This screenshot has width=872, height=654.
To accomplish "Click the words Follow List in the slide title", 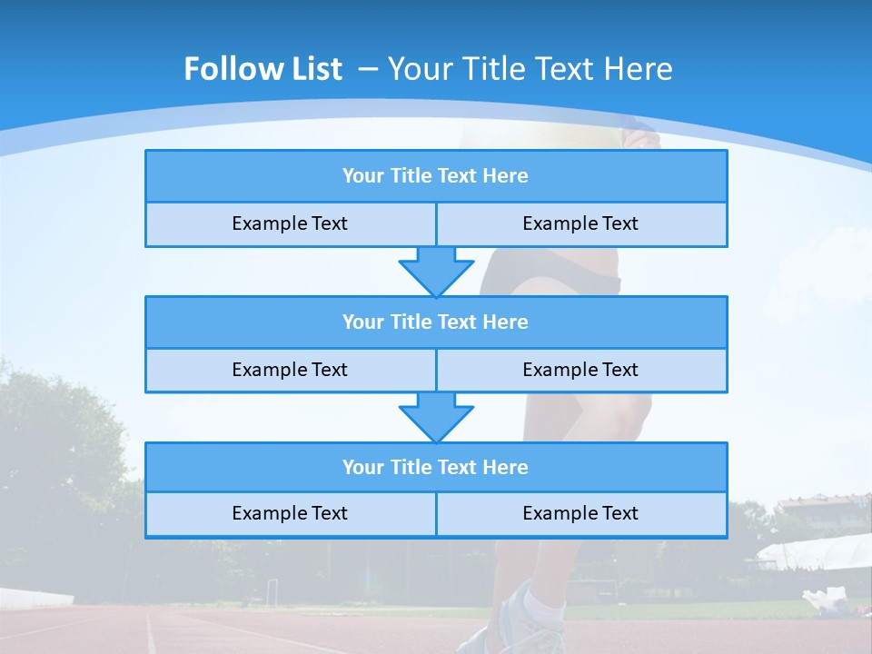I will coord(263,69).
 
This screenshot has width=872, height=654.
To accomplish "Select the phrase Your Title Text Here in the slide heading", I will coord(530,69).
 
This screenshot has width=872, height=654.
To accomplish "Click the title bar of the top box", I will coord(435,176).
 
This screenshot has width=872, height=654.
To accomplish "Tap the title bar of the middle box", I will coord(435,322).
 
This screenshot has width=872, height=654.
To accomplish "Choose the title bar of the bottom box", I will coord(435,467).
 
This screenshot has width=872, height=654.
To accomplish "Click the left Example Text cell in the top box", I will coord(290,223).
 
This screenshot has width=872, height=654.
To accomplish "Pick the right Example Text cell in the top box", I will coord(580,223).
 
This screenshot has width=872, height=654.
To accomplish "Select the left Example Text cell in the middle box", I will coord(290,370).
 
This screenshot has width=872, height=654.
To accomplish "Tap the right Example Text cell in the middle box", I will coord(580,370).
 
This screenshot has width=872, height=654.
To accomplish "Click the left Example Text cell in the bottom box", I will coord(290,513).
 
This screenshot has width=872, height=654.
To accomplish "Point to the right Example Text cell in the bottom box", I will coord(580,513).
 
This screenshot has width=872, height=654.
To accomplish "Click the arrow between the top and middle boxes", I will coord(436,270).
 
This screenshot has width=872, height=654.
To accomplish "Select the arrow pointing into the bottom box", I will coord(436,416).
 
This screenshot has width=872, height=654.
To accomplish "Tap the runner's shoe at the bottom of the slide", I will coord(509,627).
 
